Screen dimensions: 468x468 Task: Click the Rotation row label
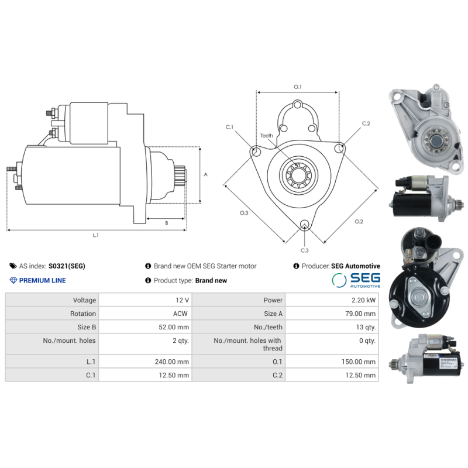[82, 314]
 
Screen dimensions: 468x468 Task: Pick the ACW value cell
[180, 314]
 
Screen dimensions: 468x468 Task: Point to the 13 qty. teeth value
[366, 327]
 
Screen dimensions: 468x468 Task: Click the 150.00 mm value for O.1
[358, 362]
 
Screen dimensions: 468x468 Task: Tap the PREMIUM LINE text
[42, 280]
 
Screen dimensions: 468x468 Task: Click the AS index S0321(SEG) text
[67, 266]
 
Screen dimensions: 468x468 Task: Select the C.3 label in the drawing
[304, 250]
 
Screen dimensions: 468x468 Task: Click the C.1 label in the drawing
[229, 127]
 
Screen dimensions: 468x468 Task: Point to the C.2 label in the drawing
[366, 123]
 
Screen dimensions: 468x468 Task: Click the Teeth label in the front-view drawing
[266, 136]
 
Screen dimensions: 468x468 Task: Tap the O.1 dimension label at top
[297, 87]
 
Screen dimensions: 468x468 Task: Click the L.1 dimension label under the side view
[96, 235]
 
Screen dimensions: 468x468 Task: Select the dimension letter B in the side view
[166, 223]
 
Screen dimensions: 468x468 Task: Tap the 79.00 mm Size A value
[360, 314]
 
